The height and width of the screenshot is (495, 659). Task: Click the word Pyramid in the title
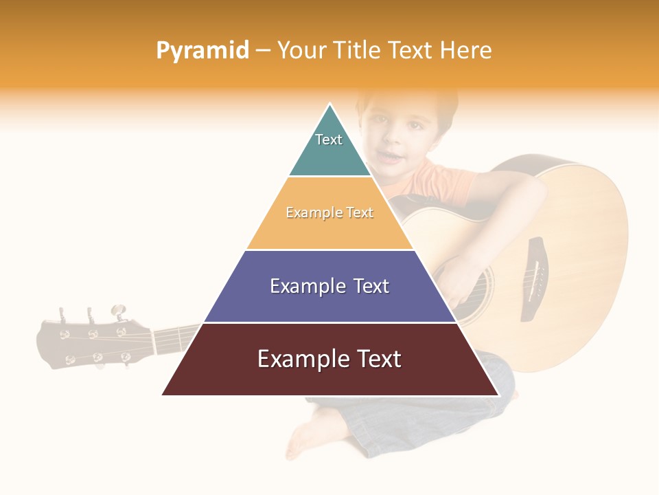[x=203, y=51]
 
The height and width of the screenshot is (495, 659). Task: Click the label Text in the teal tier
[x=329, y=140]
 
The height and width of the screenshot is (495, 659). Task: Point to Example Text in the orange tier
[x=329, y=213]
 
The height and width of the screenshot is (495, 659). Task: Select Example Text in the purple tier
[x=329, y=286]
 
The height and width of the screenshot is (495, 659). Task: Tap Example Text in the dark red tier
[x=329, y=359]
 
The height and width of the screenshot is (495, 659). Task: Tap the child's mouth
[x=391, y=157]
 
